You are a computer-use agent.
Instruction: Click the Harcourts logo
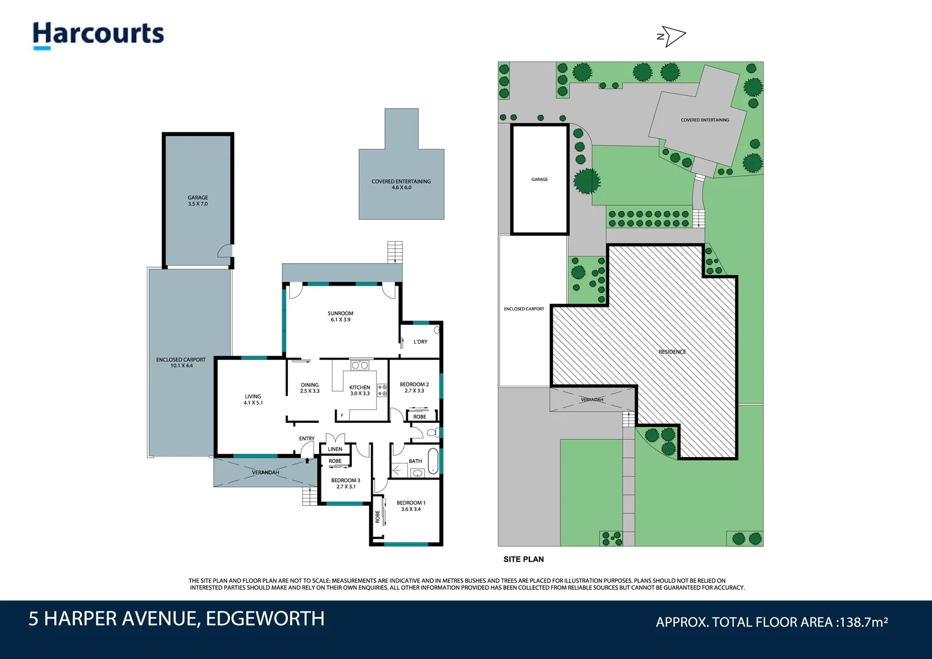pos(98,34)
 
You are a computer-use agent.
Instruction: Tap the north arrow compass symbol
pos(671,37)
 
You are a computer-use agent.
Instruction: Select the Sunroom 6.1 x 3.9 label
pos(340,316)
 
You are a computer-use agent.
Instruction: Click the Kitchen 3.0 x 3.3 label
pos(359,391)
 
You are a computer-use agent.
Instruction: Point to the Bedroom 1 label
pos(410,506)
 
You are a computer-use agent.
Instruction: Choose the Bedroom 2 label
pos(414,387)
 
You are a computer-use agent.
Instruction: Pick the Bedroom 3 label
pos(345,483)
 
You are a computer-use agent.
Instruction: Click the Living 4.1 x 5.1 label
pos(253,399)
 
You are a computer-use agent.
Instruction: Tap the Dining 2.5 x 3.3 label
pos(309,387)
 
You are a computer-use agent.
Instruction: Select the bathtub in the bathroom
pos(432,461)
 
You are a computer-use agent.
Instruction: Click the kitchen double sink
pos(360,366)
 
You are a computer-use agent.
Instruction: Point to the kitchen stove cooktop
pos(382,391)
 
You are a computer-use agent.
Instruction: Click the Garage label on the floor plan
pos(198,200)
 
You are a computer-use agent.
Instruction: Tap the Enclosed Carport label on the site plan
pos(523,309)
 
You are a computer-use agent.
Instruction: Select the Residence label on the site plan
pos(672,352)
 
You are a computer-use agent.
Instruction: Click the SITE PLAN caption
pos(523,559)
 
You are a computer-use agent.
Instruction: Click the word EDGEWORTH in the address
pos(265,619)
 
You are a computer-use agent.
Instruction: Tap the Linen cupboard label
pos(335,449)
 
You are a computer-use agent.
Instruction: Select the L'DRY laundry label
pos(420,342)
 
